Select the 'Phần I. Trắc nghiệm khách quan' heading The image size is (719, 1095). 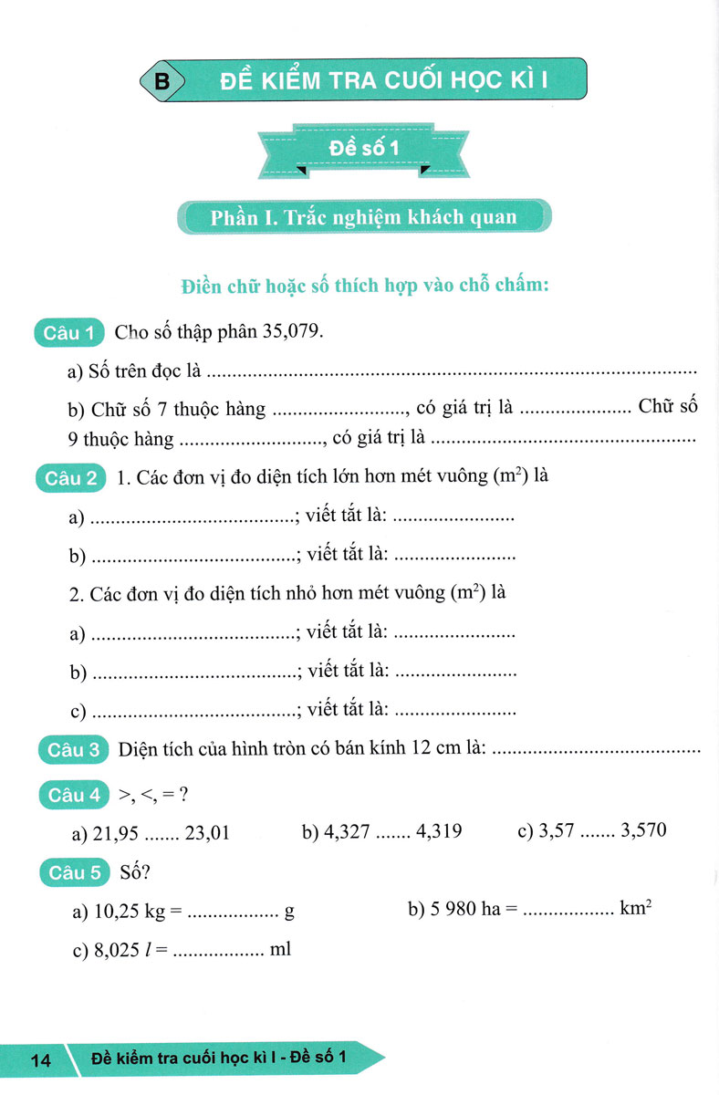point(363,218)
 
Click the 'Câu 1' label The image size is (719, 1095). point(69,333)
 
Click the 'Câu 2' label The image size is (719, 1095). point(69,477)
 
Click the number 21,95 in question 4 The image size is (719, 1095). point(117,831)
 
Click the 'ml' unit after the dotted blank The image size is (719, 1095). point(280,950)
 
